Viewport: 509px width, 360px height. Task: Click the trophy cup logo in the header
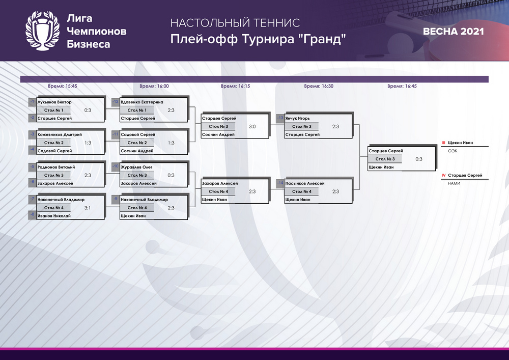click(x=43, y=31)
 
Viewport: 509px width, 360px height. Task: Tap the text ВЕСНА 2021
click(x=453, y=32)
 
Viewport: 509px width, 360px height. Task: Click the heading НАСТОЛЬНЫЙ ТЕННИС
click(x=235, y=23)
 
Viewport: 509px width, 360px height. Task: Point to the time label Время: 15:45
click(x=62, y=86)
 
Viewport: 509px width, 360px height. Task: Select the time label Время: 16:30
click(x=319, y=86)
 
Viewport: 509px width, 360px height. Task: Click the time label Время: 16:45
click(x=402, y=86)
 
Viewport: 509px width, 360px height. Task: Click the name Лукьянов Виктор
click(x=54, y=102)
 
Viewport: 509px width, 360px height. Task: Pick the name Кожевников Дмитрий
click(x=60, y=134)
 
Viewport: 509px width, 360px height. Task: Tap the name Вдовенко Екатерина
click(x=142, y=102)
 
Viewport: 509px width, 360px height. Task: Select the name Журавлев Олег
click(x=136, y=167)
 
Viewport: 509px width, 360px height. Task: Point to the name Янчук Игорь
click(x=297, y=118)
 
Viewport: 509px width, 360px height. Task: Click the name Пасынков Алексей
click(x=305, y=183)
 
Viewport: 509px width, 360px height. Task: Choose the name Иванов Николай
click(x=54, y=215)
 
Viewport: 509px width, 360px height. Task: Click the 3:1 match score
click(x=88, y=208)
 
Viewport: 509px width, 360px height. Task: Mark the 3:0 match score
click(x=252, y=127)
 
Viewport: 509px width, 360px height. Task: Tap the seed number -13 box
click(x=280, y=118)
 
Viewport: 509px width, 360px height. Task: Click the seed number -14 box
click(x=280, y=183)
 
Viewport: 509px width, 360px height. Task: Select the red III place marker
click(x=443, y=143)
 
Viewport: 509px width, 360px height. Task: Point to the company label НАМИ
click(x=454, y=183)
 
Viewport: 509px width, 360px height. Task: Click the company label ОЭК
click(x=453, y=151)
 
